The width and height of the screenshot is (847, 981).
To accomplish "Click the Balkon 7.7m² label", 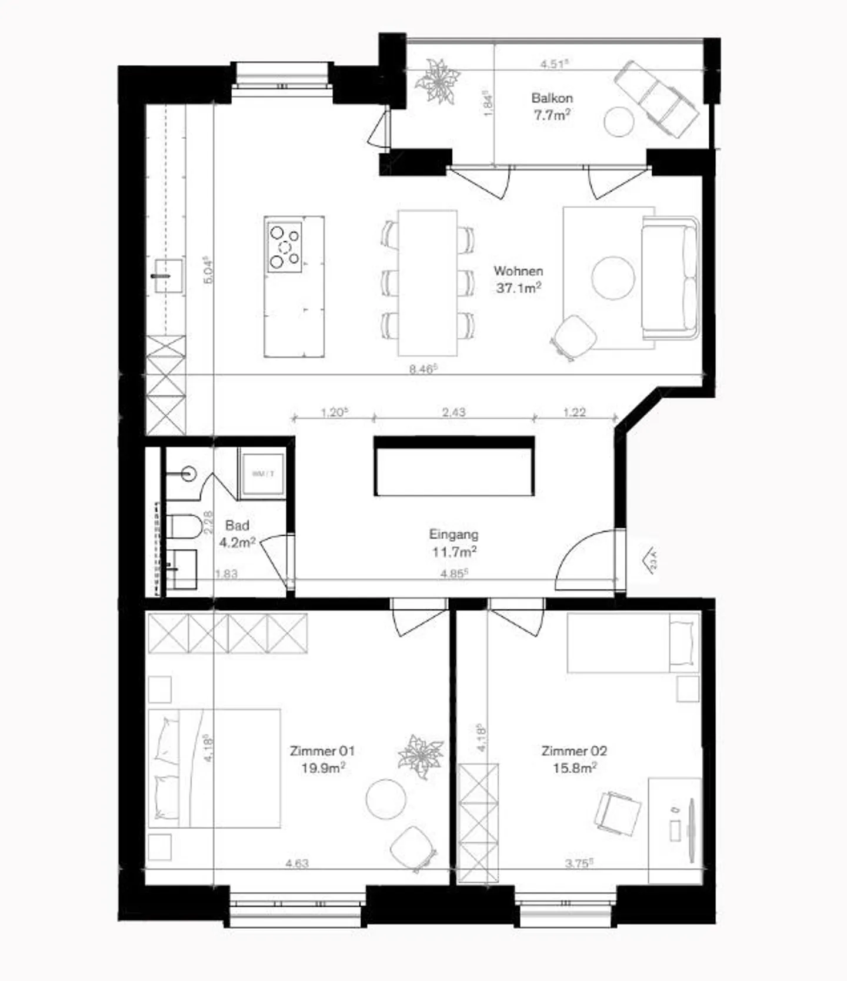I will click(552, 106).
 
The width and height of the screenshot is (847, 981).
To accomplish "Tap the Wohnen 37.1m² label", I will click(518, 279).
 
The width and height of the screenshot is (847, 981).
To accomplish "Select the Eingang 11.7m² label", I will click(453, 543).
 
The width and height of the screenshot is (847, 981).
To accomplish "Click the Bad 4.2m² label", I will click(237, 533).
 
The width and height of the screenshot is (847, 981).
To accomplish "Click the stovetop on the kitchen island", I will click(285, 246).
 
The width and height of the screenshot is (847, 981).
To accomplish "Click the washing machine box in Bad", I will click(263, 473).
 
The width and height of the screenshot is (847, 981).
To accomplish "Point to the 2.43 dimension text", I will click(453, 412).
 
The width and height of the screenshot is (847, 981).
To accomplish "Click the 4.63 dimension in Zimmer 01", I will click(297, 863).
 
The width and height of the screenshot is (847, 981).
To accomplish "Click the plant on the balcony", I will click(438, 81).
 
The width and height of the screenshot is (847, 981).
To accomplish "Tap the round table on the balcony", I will click(618, 121).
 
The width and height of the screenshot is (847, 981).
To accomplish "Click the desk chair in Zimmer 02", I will click(617, 812).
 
